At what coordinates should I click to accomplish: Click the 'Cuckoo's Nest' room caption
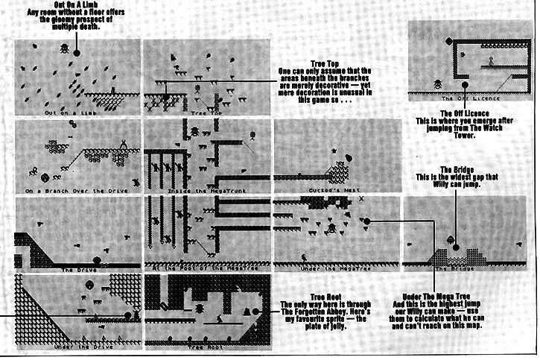[325, 190]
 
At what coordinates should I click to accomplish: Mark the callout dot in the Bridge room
[452, 240]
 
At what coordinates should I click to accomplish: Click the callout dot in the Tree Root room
[256, 311]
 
